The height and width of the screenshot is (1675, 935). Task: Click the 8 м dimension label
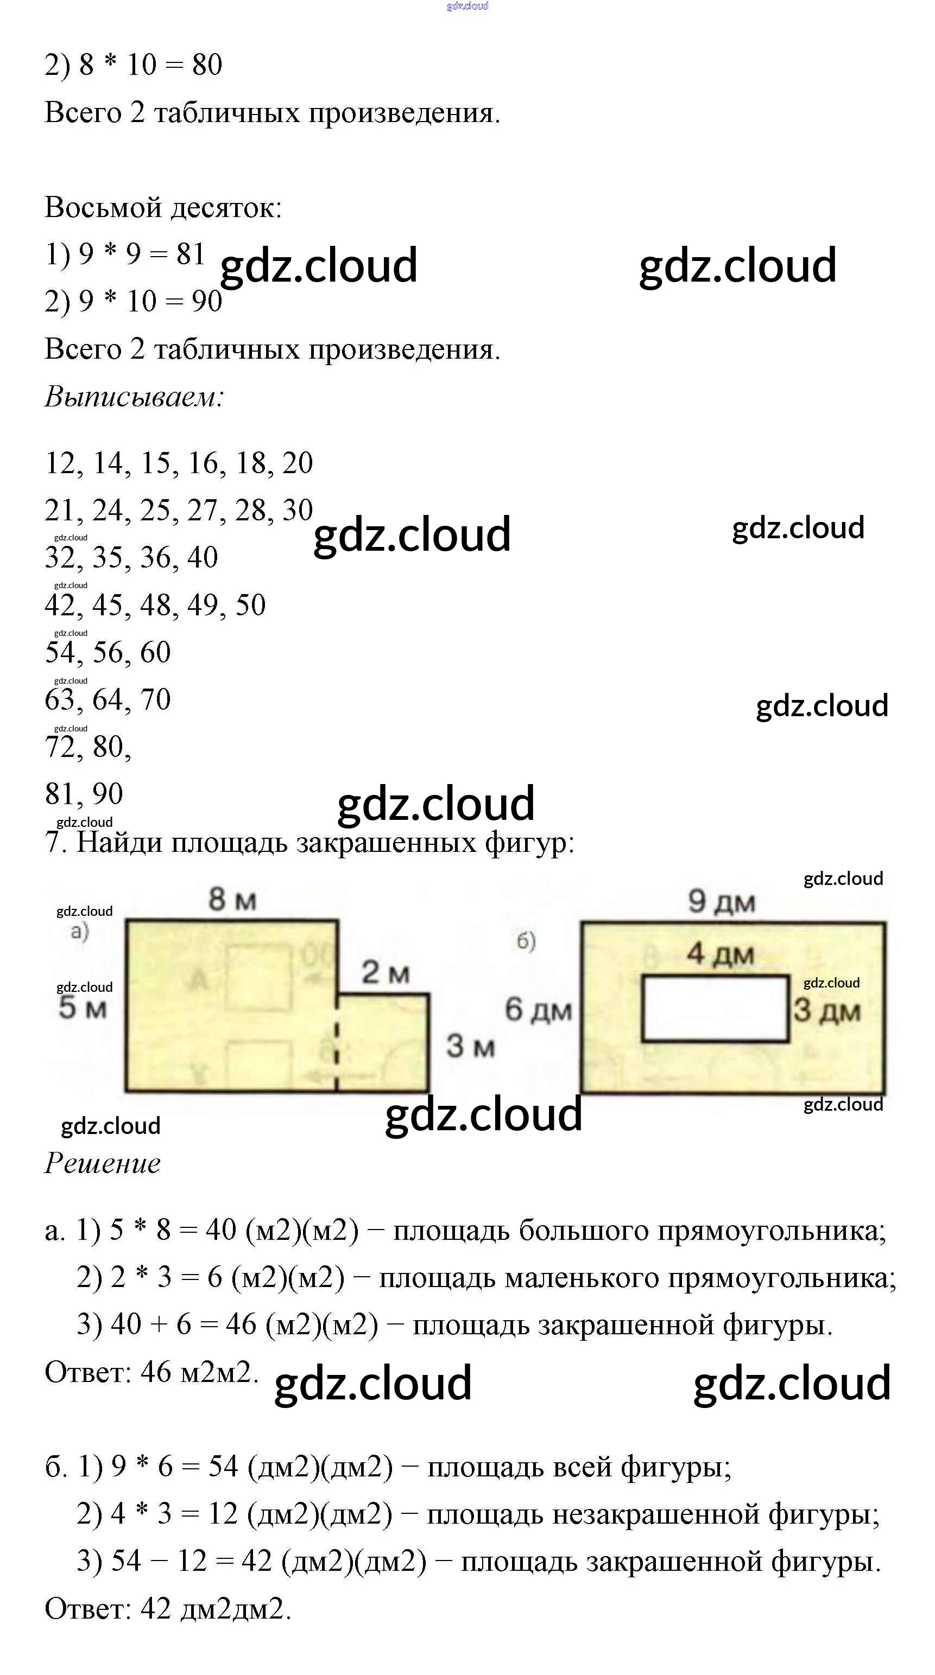232,900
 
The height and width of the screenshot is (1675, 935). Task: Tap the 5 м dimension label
82,1008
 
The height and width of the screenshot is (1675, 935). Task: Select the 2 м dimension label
385,973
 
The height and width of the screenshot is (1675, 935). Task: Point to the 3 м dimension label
470,1046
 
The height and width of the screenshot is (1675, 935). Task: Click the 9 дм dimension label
722,902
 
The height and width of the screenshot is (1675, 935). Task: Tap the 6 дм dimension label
538,1010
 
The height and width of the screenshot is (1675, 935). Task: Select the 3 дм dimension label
826,1011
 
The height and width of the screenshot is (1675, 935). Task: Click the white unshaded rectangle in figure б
715,1009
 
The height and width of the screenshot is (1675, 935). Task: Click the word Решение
102,1163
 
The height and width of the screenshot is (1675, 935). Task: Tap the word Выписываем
134,397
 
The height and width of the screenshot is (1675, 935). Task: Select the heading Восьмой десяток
163,208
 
